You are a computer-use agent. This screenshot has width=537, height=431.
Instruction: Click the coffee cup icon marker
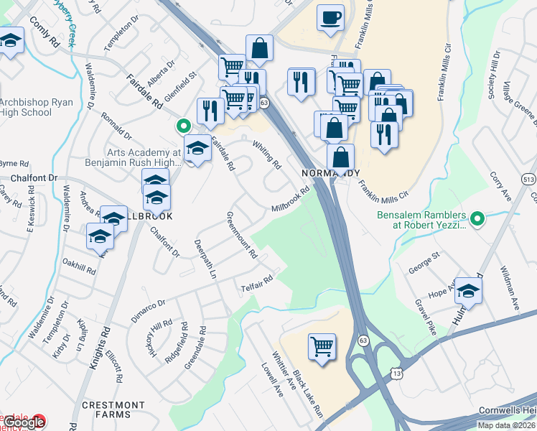coord(330,17)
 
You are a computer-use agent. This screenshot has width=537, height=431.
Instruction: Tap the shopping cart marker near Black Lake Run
coord(322,347)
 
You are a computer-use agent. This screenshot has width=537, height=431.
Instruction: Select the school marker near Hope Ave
coord(468,290)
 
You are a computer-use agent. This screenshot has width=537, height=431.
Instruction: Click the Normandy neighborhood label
coord(330,173)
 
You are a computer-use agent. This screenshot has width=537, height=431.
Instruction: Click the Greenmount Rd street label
coord(241,235)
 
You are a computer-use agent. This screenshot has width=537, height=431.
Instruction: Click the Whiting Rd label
coord(266,154)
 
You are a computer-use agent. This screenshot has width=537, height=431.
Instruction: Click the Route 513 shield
coord(530,180)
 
